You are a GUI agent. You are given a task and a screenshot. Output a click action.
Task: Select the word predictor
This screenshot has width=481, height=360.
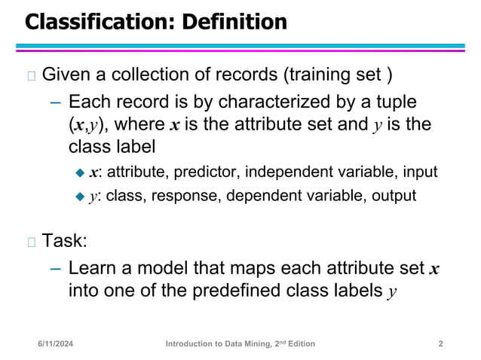(x=203, y=172)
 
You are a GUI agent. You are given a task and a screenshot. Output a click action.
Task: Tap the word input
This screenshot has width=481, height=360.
(x=419, y=172)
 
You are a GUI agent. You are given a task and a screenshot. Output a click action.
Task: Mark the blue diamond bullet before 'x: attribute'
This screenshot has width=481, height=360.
(x=81, y=172)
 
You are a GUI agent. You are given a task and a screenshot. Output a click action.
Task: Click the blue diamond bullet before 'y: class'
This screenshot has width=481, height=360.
(x=81, y=197)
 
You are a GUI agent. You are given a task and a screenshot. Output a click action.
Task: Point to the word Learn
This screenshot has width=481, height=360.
(x=90, y=267)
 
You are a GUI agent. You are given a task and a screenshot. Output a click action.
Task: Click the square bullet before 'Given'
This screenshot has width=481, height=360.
(x=31, y=75)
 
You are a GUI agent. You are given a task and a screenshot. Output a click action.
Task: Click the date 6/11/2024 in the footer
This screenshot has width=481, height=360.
(x=61, y=344)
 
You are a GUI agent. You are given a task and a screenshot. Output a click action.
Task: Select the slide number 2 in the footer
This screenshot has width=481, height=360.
(x=440, y=344)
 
